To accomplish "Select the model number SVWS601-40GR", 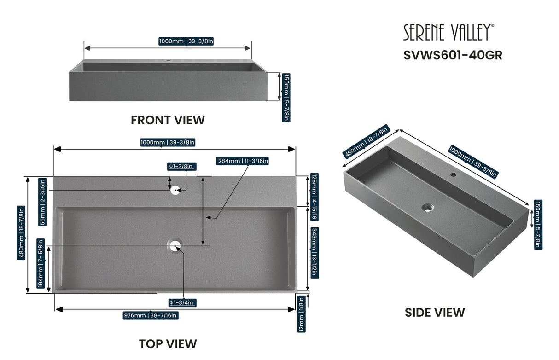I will [453, 55].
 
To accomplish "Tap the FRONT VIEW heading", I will [168, 120].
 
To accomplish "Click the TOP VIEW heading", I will [168, 343].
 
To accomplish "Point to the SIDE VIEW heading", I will [435, 312].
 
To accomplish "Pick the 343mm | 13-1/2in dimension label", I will [314, 251].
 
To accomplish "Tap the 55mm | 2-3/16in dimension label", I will [42, 202].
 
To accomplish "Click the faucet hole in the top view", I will [175, 190].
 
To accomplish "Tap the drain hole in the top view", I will [175, 246].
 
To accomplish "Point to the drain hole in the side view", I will [428, 208].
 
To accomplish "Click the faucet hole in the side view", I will [453, 175].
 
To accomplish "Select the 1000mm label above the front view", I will [186, 41].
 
